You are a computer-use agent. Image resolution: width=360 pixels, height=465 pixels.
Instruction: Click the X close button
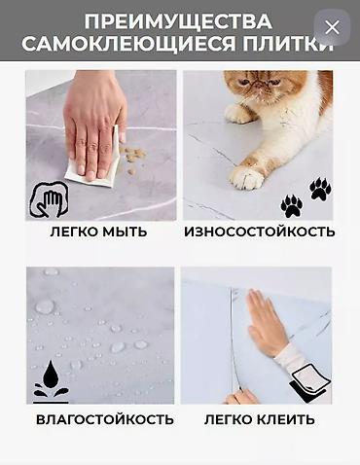(332, 27)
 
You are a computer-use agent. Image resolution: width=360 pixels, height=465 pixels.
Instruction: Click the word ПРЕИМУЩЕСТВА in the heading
(178, 21)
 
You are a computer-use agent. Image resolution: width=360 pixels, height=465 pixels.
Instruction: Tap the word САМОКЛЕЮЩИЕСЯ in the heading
(128, 44)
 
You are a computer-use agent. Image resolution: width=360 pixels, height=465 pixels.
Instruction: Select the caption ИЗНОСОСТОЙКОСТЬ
(260, 232)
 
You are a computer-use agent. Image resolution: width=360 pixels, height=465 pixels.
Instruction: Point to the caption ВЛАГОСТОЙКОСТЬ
(105, 419)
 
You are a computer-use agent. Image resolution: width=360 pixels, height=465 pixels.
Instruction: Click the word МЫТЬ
(125, 232)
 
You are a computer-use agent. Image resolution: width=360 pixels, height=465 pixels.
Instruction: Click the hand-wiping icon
(49, 199)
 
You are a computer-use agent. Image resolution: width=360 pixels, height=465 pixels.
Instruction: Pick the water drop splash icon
(51, 382)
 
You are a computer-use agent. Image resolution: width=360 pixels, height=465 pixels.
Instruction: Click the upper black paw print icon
(320, 189)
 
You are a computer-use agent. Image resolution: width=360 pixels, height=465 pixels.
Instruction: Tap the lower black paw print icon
(292, 206)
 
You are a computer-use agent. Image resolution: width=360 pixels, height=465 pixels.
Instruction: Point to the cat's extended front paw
(246, 176)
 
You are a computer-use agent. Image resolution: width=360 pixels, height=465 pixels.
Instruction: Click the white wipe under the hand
(94, 162)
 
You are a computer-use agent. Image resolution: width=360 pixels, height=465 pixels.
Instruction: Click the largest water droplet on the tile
(45, 306)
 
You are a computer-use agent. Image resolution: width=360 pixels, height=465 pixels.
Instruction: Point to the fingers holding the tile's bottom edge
(240, 396)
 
